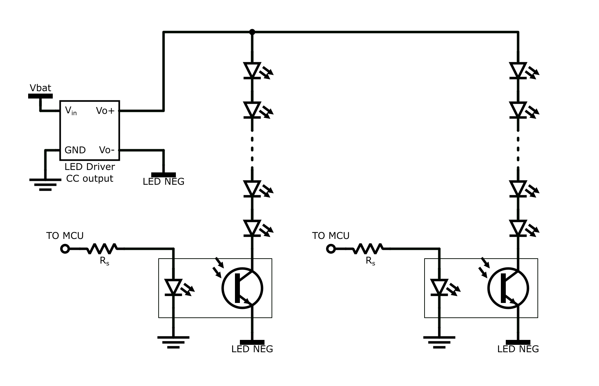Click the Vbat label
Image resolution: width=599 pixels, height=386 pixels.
(x=40, y=88)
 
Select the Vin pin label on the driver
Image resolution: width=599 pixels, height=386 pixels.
(x=71, y=111)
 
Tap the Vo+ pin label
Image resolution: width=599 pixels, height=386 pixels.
(x=105, y=111)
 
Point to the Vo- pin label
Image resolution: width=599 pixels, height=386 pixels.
(x=107, y=150)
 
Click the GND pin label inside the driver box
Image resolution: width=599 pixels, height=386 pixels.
(x=75, y=150)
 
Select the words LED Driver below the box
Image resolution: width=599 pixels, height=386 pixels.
(x=90, y=166)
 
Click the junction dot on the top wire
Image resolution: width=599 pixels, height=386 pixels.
(x=252, y=32)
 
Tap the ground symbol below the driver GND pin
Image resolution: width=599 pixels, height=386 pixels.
(x=45, y=184)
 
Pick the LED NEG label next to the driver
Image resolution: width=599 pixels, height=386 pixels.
(x=164, y=182)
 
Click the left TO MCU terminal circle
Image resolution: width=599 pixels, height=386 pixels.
(x=65, y=249)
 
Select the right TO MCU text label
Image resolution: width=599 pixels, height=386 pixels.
(x=331, y=236)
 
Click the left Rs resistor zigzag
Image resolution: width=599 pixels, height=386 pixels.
(x=102, y=249)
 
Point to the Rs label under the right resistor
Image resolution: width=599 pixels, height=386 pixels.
(x=370, y=261)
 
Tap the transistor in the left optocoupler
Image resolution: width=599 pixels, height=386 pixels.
(x=242, y=288)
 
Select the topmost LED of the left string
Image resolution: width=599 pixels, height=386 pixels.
(x=252, y=71)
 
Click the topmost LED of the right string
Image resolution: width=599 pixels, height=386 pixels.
(x=518, y=71)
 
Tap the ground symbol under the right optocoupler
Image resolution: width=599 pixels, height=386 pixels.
(x=439, y=342)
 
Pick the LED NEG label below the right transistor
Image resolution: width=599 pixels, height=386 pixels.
(x=518, y=349)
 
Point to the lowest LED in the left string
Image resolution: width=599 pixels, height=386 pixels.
(x=252, y=228)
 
